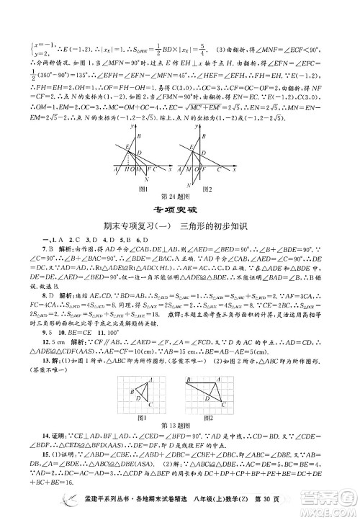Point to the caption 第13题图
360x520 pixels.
(180, 426)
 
